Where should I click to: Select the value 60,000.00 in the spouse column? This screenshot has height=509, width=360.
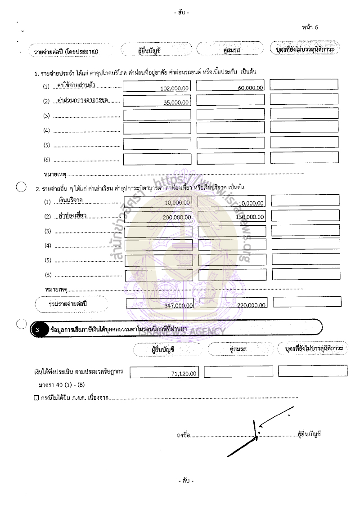coord(251,88)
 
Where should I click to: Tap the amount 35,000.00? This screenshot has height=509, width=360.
coord(177,103)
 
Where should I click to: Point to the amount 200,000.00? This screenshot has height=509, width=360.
coord(177,217)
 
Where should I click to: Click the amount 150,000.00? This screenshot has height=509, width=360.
coord(250,217)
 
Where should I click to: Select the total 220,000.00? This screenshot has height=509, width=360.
coord(251,305)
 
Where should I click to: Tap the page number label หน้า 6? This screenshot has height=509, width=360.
coord(310,27)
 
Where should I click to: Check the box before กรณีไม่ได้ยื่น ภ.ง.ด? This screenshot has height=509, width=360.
coord(36,398)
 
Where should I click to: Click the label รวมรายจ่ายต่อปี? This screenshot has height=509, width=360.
coord(67,304)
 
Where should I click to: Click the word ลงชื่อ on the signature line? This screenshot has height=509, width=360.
coord(184,435)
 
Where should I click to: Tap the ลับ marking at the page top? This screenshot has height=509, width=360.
coord(181,13)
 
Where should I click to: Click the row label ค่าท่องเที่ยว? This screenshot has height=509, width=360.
coord(73,216)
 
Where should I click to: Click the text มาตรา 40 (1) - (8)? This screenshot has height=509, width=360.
coord(62,385)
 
